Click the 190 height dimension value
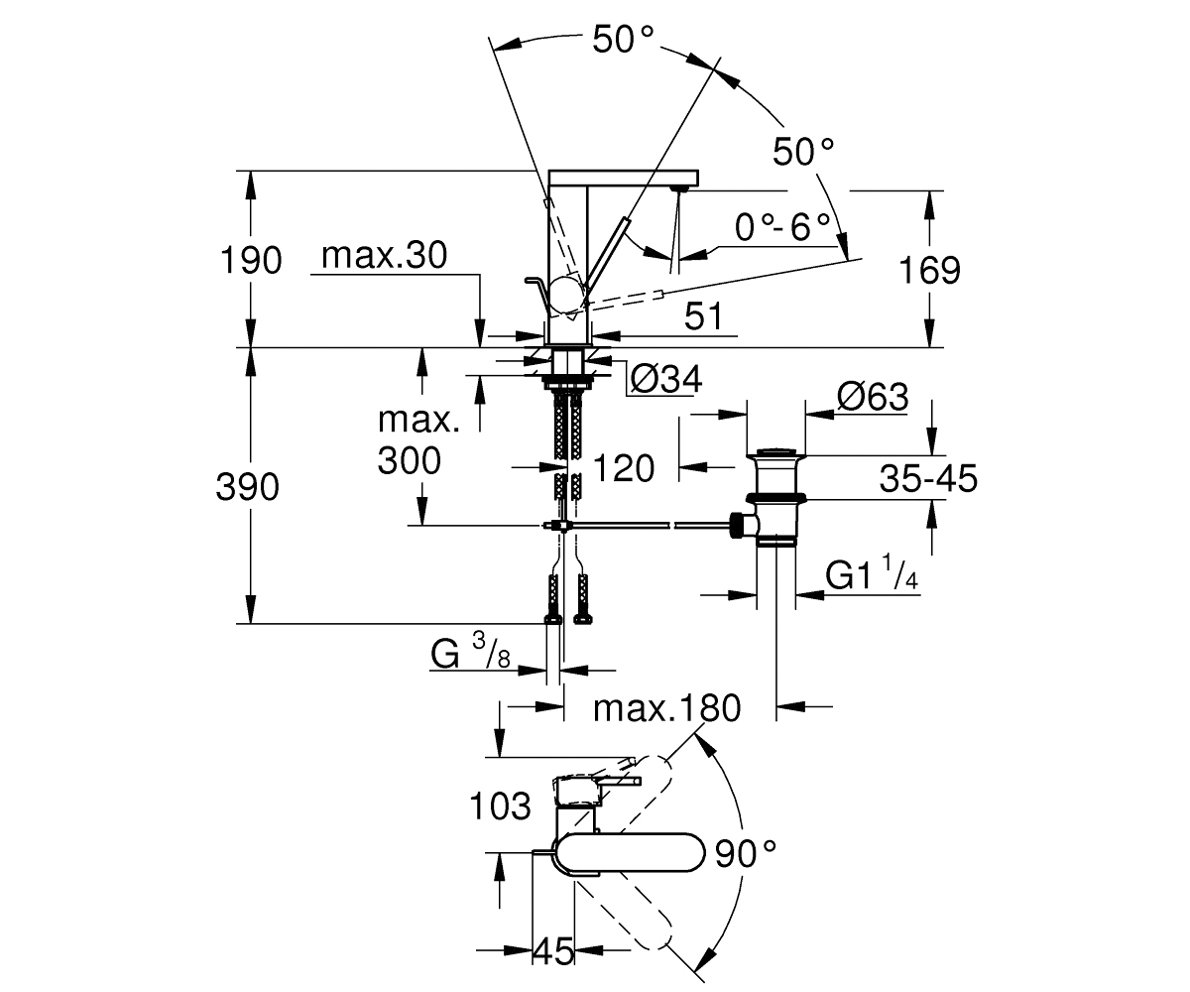click(251, 261)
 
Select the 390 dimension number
click(247, 487)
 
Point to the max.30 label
click(384, 255)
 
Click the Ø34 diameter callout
click(666, 379)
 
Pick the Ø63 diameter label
click(873, 397)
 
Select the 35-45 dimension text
click(928, 478)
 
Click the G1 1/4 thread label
click(872, 572)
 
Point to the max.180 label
click(666, 708)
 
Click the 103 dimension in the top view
click(500, 806)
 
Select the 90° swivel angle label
click(746, 854)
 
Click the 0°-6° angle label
click(782, 227)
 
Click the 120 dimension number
click(624, 468)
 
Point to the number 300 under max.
click(410, 460)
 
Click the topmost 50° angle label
click(623, 40)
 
